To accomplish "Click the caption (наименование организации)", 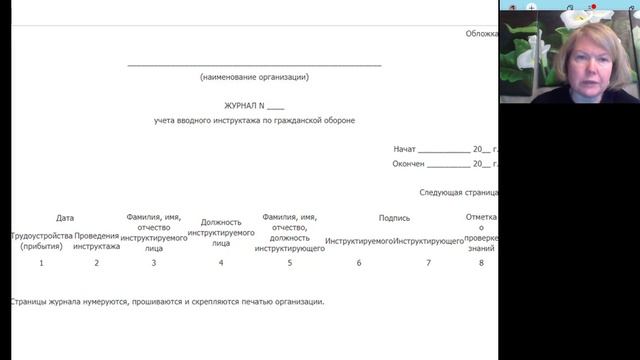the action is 254,77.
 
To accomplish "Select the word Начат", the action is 404,149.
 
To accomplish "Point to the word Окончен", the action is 409,164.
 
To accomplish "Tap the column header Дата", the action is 65,218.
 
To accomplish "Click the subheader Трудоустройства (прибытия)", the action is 41,241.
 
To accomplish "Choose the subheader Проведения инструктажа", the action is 97,241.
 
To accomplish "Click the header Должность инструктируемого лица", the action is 220,232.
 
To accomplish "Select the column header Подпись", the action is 394,218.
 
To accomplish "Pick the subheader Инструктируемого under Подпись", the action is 358,241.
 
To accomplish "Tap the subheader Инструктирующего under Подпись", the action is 428,241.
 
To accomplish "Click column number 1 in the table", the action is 41,263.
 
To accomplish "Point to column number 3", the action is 153,263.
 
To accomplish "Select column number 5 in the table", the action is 290,263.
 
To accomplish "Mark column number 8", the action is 481,263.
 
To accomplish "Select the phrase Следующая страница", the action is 458,193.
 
